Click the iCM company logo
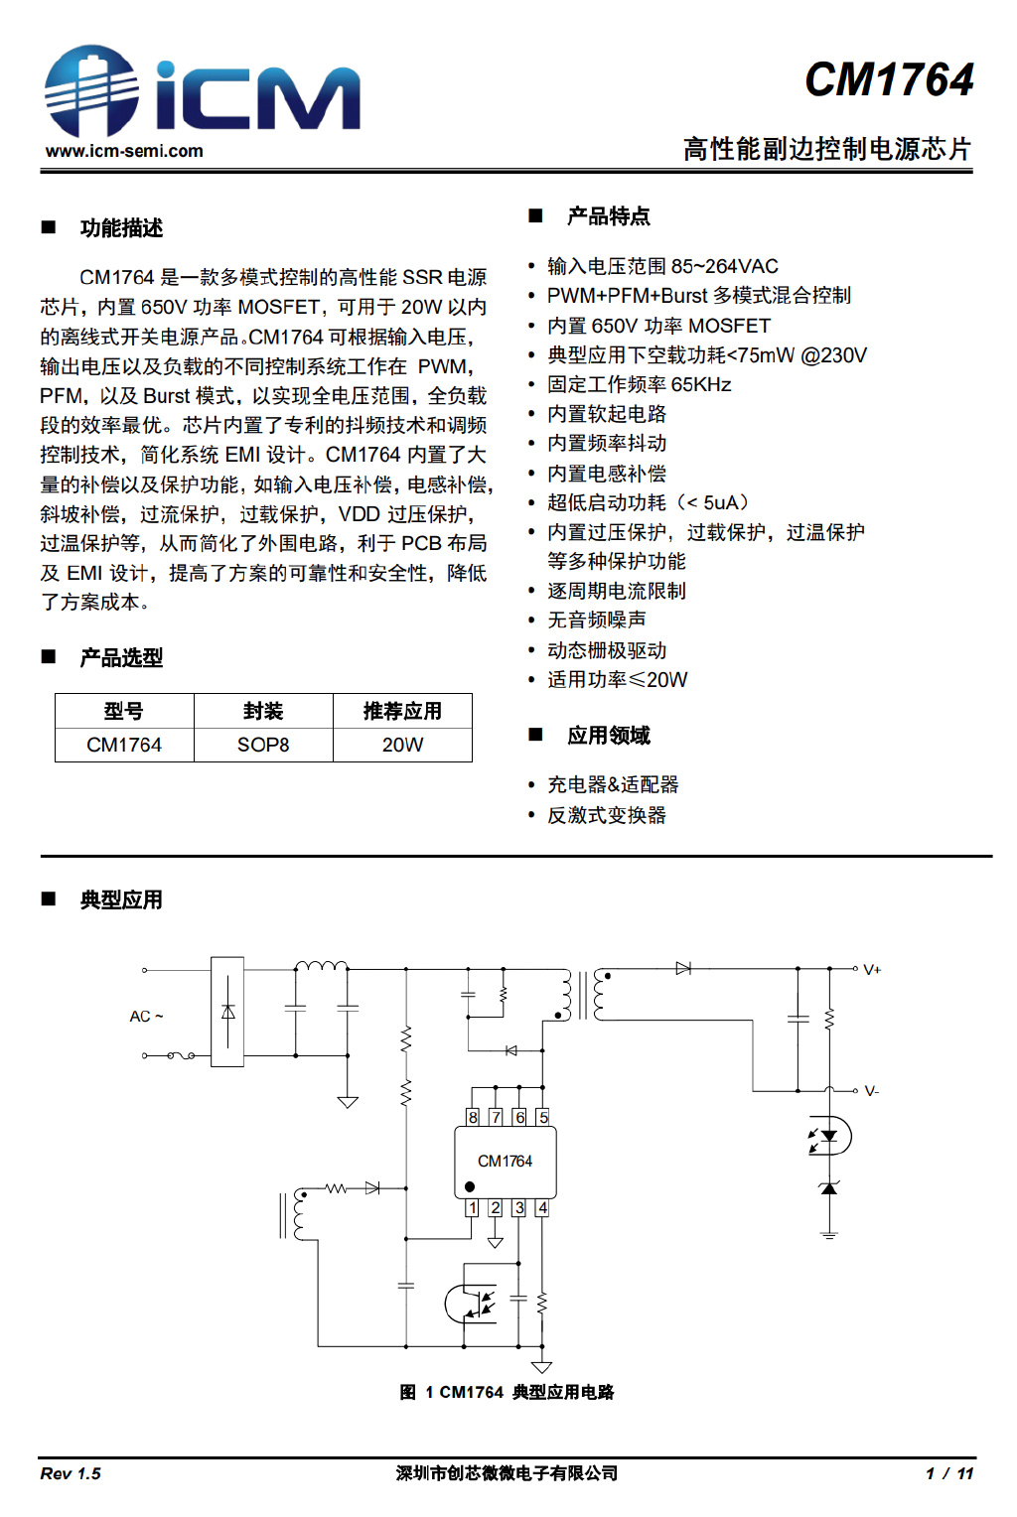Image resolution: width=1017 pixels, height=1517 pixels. point(202,91)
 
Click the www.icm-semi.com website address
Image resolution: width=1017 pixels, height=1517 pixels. point(124,151)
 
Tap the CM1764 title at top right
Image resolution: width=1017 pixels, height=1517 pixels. point(889,79)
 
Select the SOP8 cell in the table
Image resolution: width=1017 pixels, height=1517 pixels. point(263,745)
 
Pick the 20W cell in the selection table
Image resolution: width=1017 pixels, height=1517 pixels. point(402,745)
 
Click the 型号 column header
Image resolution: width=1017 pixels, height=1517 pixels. point(124,711)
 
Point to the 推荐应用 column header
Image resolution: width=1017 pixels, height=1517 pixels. point(402,711)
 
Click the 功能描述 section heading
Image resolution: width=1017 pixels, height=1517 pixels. point(121,228)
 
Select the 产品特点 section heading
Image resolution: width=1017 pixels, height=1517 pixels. point(608,216)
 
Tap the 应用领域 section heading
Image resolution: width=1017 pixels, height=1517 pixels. point(608,736)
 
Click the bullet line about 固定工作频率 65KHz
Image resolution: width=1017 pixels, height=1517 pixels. point(639,384)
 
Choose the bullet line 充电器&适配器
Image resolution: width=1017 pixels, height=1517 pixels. point(613,784)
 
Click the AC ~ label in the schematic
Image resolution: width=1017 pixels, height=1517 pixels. point(146,1017)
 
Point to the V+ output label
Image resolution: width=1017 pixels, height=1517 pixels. point(872,970)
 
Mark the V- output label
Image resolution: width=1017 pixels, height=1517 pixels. point(871,1091)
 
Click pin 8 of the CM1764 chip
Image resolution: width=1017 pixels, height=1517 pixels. point(473,1117)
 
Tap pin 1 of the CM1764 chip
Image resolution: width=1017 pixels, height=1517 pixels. point(473,1208)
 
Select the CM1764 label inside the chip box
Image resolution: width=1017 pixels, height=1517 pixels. point(505,1161)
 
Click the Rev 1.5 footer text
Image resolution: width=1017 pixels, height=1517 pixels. point(71,1473)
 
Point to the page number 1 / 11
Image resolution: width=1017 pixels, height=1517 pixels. point(949,1473)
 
